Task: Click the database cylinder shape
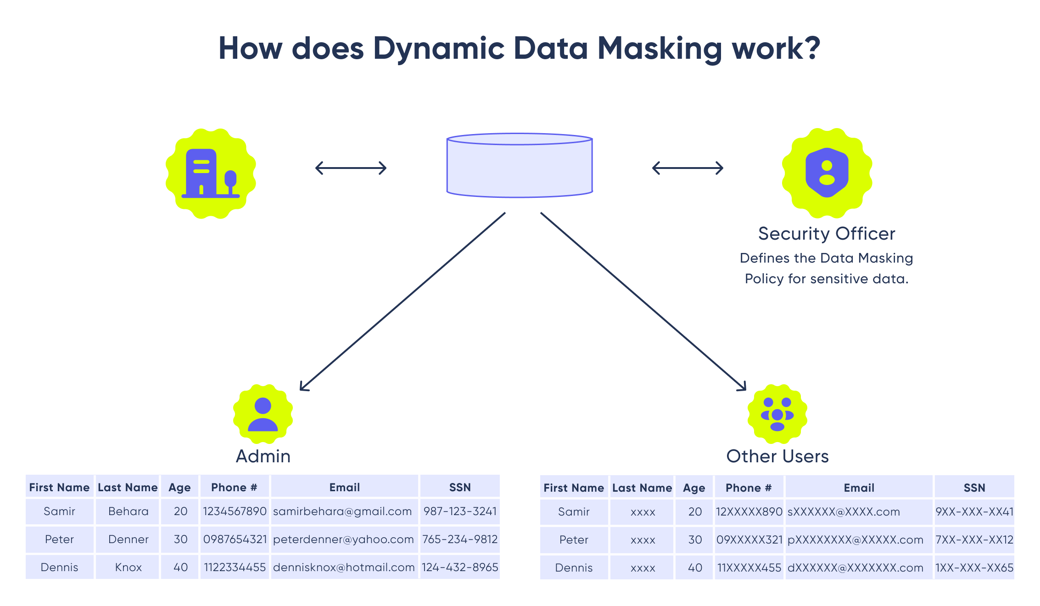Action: (x=520, y=165)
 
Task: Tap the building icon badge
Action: (x=211, y=173)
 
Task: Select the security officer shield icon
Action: (x=827, y=173)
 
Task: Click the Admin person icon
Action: (x=263, y=414)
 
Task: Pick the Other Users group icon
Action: (x=777, y=414)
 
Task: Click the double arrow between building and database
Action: (x=351, y=168)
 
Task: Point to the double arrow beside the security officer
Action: (x=688, y=168)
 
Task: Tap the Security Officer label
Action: (x=826, y=234)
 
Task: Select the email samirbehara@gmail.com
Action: (x=342, y=511)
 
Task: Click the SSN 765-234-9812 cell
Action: (x=460, y=539)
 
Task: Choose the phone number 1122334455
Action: (x=235, y=567)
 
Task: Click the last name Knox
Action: (x=128, y=567)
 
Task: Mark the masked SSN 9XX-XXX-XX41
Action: (x=974, y=512)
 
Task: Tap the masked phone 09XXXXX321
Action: (x=749, y=540)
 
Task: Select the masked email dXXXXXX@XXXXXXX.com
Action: (x=855, y=568)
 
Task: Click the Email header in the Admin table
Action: (x=344, y=488)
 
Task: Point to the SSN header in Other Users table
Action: (x=974, y=488)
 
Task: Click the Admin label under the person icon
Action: (x=263, y=456)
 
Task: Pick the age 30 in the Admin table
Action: (x=180, y=539)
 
